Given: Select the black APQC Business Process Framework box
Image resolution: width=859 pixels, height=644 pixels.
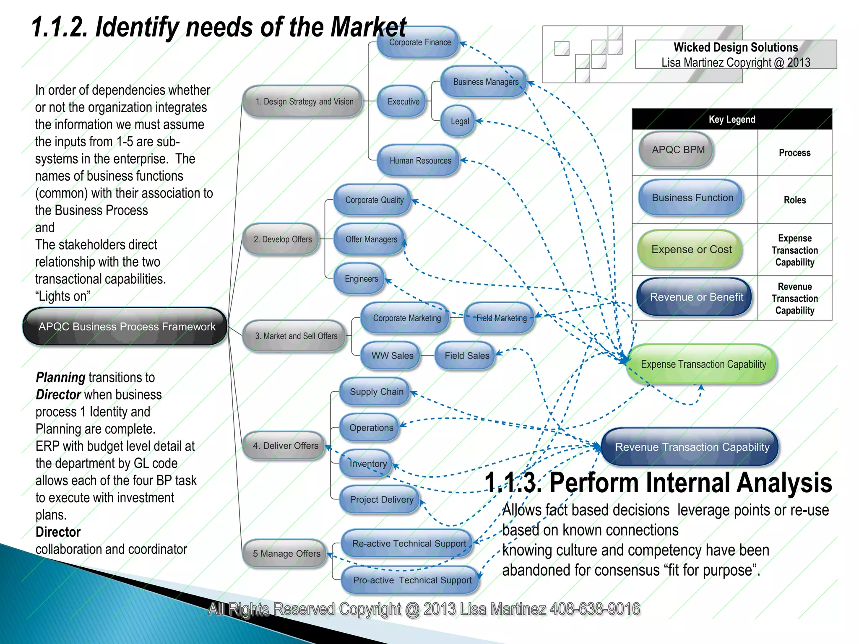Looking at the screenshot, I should click(x=125, y=327).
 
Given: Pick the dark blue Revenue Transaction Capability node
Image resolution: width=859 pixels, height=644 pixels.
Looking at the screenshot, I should click(x=691, y=447).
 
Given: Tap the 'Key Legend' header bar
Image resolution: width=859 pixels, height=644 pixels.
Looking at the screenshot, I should click(x=732, y=119).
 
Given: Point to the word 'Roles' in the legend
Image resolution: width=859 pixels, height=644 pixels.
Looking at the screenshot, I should click(x=794, y=200).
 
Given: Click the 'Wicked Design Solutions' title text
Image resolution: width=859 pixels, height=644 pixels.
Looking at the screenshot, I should click(x=735, y=47).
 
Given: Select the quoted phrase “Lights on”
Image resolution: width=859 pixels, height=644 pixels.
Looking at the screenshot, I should click(x=62, y=296).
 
